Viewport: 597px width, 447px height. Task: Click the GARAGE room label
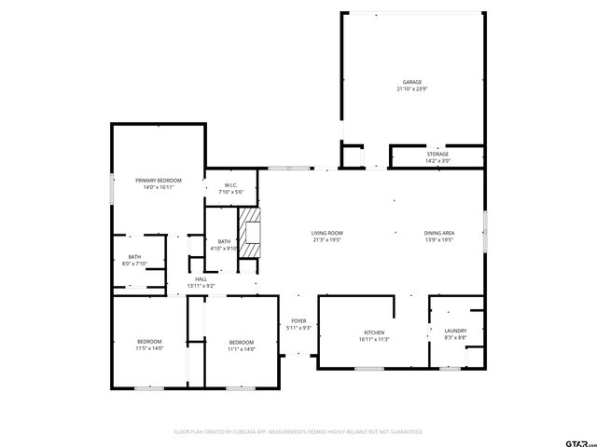pos(411,82)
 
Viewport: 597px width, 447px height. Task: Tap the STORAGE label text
pos(437,154)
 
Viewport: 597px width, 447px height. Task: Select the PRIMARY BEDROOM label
pos(158,180)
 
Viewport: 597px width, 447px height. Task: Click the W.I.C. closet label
pos(230,185)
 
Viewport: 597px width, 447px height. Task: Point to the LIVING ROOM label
pos(326,233)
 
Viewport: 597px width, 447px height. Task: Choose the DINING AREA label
pos(438,233)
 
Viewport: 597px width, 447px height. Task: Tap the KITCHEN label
pos(375,332)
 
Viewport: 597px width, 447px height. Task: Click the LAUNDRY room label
pos(455,331)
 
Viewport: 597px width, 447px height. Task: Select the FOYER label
pos(298,321)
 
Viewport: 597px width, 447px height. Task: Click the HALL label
pos(201,278)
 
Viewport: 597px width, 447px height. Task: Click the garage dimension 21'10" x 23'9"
pos(411,89)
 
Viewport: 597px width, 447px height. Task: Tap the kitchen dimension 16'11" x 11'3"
pos(375,339)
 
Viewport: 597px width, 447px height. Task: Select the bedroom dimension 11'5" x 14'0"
pos(149,348)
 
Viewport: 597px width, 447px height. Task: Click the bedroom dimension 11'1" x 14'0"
pos(241,349)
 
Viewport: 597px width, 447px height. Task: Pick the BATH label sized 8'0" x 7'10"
pos(134,257)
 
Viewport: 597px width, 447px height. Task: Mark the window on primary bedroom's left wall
pos(112,189)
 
